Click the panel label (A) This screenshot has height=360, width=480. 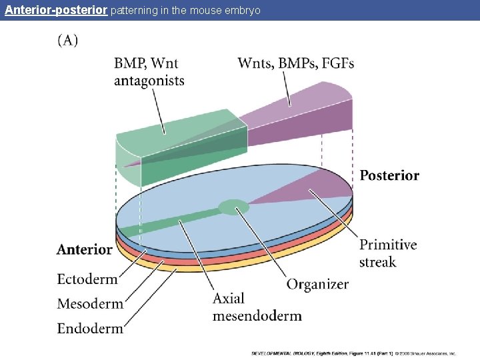coord(67,41)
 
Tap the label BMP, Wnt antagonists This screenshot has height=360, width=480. coord(149,72)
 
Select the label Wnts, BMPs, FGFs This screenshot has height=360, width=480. coord(295,64)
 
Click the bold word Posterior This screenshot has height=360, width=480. coord(389,176)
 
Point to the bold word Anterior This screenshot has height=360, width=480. coord(85,250)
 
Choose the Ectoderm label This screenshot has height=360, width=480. coord(87,279)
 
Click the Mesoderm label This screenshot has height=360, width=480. coord(90,304)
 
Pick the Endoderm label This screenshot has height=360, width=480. coord(90,328)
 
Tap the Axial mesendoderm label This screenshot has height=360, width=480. coord(257,307)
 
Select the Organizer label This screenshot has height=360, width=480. coord(317,284)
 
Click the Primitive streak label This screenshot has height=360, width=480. coord(388,253)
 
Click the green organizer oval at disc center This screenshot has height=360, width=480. coord(233,207)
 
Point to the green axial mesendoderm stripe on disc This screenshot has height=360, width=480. coord(173,220)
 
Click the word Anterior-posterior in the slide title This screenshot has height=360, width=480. coord(55,11)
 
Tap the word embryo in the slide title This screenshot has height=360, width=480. coord(244,11)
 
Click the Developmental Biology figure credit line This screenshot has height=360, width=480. coord(353,353)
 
